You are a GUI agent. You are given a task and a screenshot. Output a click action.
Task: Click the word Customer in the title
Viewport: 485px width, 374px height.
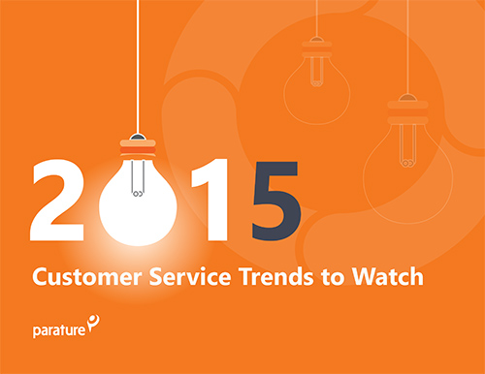[x=81, y=278]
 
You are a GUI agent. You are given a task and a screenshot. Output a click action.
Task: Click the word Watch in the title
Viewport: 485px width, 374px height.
[x=387, y=278]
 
